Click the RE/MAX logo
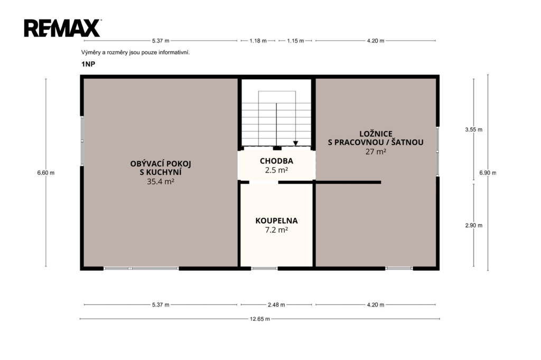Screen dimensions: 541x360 point(62,28)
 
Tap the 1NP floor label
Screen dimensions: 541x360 point(88,64)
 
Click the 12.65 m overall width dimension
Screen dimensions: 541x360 point(260,319)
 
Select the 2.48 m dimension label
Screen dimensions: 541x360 point(276,305)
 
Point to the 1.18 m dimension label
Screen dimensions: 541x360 point(258,41)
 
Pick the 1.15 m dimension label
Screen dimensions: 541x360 point(295,41)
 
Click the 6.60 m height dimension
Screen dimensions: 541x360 point(46,173)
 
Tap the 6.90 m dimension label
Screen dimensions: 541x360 point(488,173)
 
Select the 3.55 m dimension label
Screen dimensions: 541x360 point(474,130)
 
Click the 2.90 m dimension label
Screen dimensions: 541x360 point(474,225)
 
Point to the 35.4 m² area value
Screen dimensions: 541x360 point(161,182)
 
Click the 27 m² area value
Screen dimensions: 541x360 point(376,151)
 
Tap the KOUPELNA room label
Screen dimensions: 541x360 point(276,221)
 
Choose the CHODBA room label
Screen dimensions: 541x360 point(276,161)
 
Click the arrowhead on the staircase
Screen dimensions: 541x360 point(296,144)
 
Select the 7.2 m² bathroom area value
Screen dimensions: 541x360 point(276,230)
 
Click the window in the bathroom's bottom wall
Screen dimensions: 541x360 point(264,268)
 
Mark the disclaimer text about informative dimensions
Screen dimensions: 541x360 point(136,52)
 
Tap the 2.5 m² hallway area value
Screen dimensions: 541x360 point(276,170)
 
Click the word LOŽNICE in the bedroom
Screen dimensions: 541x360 point(376,134)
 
